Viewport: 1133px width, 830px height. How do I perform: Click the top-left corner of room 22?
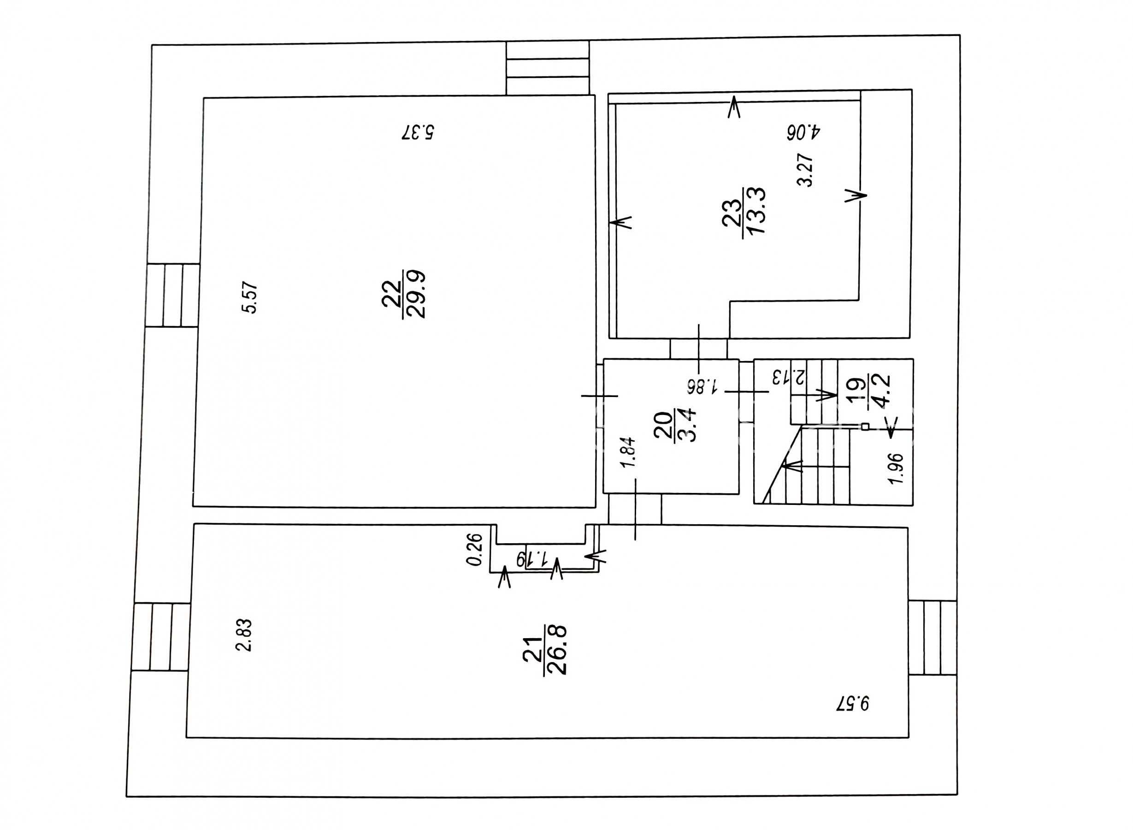[203, 98]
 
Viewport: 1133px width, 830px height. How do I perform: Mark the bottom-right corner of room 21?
[909, 738]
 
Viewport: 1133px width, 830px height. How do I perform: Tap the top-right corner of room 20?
[739, 359]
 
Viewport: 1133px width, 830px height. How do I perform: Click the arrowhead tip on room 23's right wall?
[866, 196]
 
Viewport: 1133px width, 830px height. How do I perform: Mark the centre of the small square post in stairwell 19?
[865, 427]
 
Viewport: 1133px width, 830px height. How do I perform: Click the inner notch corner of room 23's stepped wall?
[730, 302]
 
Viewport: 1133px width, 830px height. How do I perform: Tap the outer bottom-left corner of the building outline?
[126, 797]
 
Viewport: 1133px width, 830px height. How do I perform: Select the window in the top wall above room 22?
[548, 68]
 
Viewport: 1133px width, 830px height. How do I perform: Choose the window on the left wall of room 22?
[173, 296]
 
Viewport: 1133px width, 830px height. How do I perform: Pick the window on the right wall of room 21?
[932, 638]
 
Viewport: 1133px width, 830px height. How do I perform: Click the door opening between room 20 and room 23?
[699, 349]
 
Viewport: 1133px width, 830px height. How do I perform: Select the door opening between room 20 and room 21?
[635, 510]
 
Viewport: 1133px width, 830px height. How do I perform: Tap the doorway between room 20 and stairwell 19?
[746, 391]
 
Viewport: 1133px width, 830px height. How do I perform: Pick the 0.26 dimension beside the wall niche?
[475, 550]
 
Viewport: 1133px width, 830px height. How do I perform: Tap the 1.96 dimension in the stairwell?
[896, 469]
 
